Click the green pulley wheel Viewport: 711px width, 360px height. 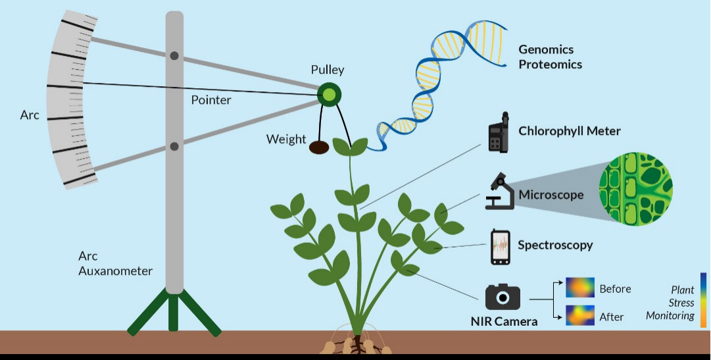[329, 95]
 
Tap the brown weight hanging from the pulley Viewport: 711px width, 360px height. [319, 148]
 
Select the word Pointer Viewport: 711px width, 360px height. [211, 100]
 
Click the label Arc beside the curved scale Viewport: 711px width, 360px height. [30, 115]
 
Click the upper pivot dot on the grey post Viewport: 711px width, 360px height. [174, 56]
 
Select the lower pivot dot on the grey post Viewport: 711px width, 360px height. [174, 146]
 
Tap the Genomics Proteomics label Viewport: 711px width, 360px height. [551, 57]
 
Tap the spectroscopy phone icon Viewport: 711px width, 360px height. [501, 247]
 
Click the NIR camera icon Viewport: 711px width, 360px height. [503, 297]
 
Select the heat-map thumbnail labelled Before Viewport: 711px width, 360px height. [579, 288]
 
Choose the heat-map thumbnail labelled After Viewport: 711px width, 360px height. [579, 315]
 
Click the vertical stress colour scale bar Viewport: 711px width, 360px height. [703, 300]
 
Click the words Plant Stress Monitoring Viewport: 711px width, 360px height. [670, 303]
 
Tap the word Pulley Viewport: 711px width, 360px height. [328, 70]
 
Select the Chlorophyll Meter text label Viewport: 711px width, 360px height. [569, 131]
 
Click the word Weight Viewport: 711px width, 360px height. [286, 140]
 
